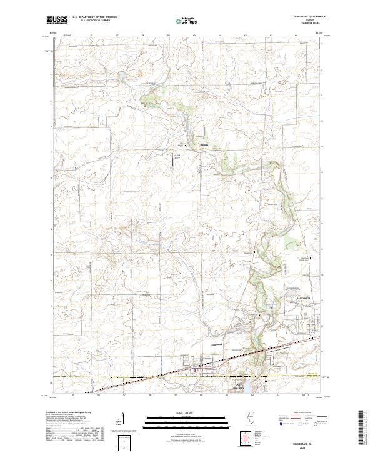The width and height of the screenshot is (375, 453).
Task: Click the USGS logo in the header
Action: (x=57, y=21)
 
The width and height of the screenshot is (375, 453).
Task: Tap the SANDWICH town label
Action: (x=303, y=299)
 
